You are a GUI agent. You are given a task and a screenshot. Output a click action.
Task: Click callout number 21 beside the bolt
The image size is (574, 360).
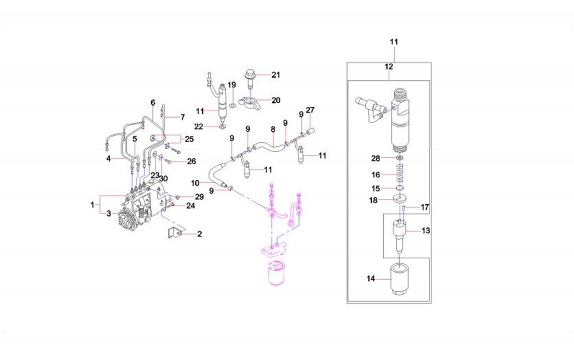point(275,75)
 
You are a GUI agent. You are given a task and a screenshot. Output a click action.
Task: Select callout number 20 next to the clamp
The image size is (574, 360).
point(275,100)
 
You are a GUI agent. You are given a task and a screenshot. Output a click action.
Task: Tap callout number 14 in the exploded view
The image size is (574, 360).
point(371,279)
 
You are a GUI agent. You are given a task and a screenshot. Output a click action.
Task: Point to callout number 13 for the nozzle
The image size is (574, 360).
point(426,230)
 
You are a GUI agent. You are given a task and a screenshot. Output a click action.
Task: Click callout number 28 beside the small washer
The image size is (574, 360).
point(376,158)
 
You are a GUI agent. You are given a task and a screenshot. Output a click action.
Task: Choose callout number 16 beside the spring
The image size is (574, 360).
point(376,175)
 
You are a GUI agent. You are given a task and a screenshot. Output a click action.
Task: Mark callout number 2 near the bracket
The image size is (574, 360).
point(200,234)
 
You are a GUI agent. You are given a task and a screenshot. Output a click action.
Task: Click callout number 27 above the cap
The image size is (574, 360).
point(310,110)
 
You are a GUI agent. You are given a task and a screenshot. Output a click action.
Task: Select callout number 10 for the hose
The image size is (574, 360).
point(195,182)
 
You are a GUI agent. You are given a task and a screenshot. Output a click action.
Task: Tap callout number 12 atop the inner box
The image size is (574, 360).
point(389,67)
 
